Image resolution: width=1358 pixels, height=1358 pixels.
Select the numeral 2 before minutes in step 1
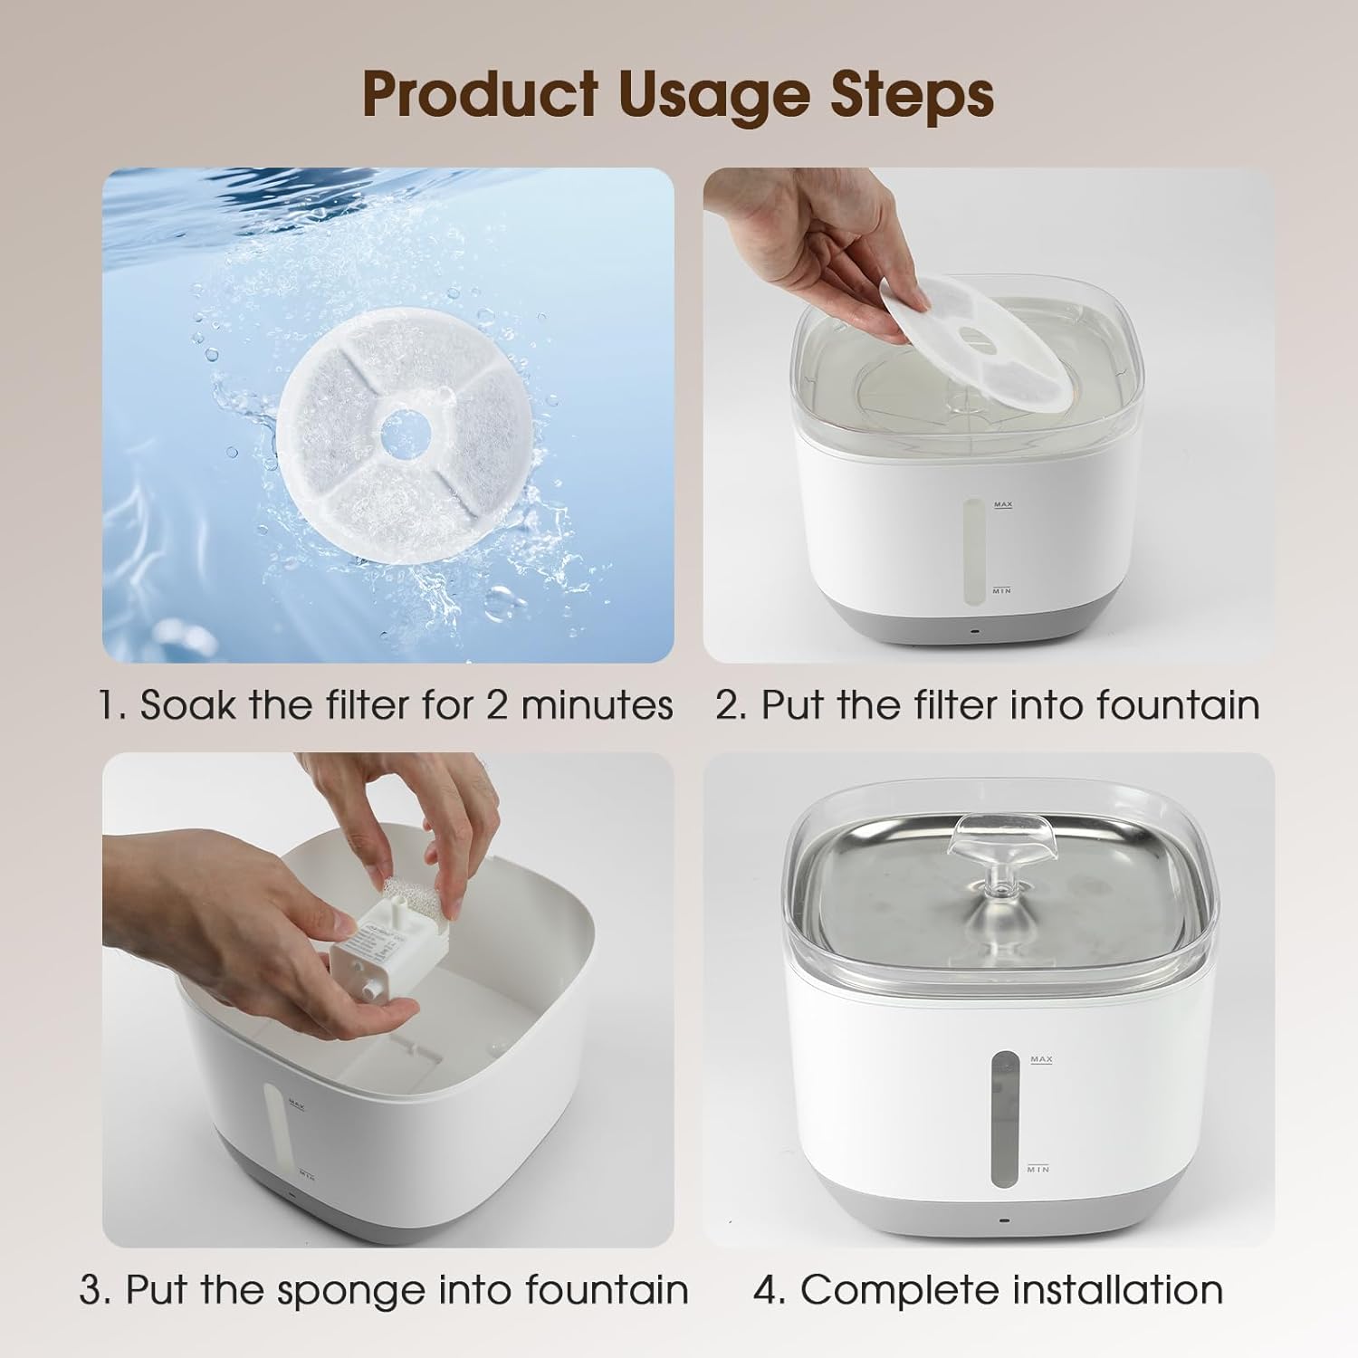[497, 705]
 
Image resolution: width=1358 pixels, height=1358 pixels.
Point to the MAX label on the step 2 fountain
[1002, 504]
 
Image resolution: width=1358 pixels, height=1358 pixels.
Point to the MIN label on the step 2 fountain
[1001, 590]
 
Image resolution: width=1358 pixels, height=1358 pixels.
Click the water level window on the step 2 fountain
[972, 551]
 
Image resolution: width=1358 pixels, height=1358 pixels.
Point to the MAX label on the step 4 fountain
[1041, 1058]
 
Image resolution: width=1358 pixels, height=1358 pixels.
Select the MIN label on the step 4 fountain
[1038, 1169]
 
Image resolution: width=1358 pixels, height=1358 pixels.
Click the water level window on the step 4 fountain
[1003, 1119]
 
